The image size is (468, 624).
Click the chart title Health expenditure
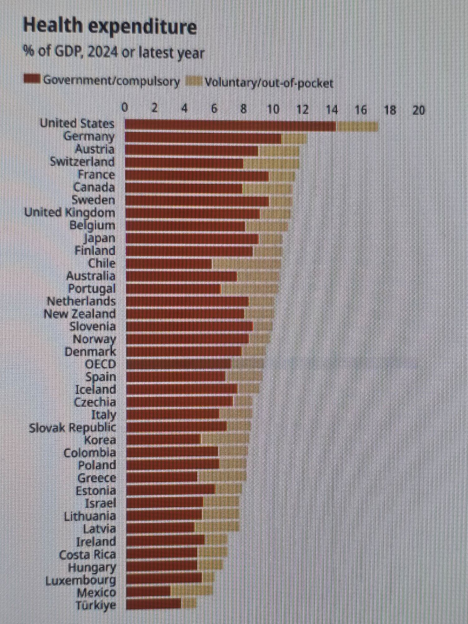click(110, 26)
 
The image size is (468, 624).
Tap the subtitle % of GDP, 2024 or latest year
click(114, 52)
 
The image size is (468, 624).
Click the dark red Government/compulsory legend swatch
click(32, 79)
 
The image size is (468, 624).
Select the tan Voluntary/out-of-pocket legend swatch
click(194, 82)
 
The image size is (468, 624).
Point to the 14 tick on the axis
click(332, 110)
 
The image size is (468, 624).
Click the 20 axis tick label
click(418, 110)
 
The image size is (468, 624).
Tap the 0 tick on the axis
click(125, 108)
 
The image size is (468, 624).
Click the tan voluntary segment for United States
click(358, 126)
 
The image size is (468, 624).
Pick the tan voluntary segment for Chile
click(246, 264)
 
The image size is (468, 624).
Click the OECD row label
click(100, 364)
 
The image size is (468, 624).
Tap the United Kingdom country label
click(70, 213)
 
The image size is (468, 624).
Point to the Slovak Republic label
click(72, 428)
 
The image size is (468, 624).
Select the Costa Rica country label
click(87, 554)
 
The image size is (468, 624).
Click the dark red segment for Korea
click(164, 440)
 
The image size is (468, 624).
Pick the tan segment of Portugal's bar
click(250, 289)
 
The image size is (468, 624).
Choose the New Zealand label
click(80, 314)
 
